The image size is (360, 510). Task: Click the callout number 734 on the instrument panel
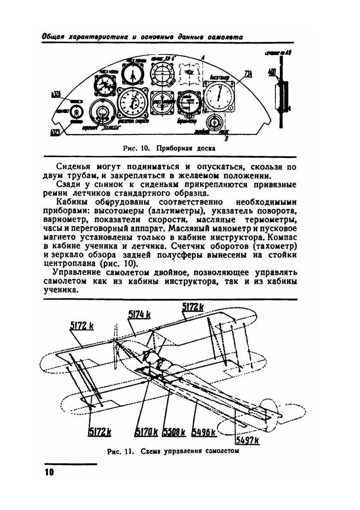[x=248, y=74]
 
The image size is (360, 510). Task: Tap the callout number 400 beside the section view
[x=271, y=72]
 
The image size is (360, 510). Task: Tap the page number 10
[x=49, y=472]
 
